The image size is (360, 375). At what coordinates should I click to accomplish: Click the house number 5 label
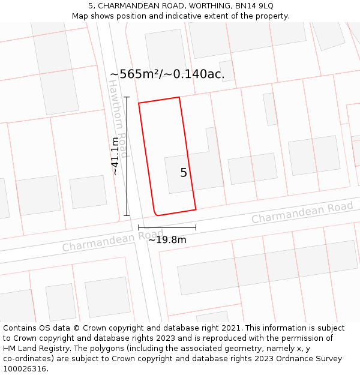pos(184,173)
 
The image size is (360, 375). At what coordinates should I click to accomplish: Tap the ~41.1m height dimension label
pos(115,156)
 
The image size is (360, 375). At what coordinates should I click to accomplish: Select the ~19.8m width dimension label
pos(167,239)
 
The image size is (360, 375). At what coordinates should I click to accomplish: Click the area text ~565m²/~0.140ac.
pos(167,74)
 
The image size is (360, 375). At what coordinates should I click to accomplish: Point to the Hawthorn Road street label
pos(118,118)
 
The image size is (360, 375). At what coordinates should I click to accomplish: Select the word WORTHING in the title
pos(204,5)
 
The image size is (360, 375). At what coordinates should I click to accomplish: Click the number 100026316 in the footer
pos(25,369)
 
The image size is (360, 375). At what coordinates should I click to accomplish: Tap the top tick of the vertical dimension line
pos(127,97)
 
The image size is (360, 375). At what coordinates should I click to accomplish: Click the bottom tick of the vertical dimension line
pos(127,215)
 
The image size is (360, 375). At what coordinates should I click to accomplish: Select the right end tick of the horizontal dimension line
pos(196,227)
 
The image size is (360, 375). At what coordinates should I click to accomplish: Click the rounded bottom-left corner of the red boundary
pos(156,213)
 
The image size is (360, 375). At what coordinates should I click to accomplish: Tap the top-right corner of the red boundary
pos(179,97)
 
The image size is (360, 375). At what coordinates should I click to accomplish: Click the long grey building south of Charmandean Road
pos(268,267)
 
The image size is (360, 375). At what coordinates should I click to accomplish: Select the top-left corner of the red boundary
pos(139,103)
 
